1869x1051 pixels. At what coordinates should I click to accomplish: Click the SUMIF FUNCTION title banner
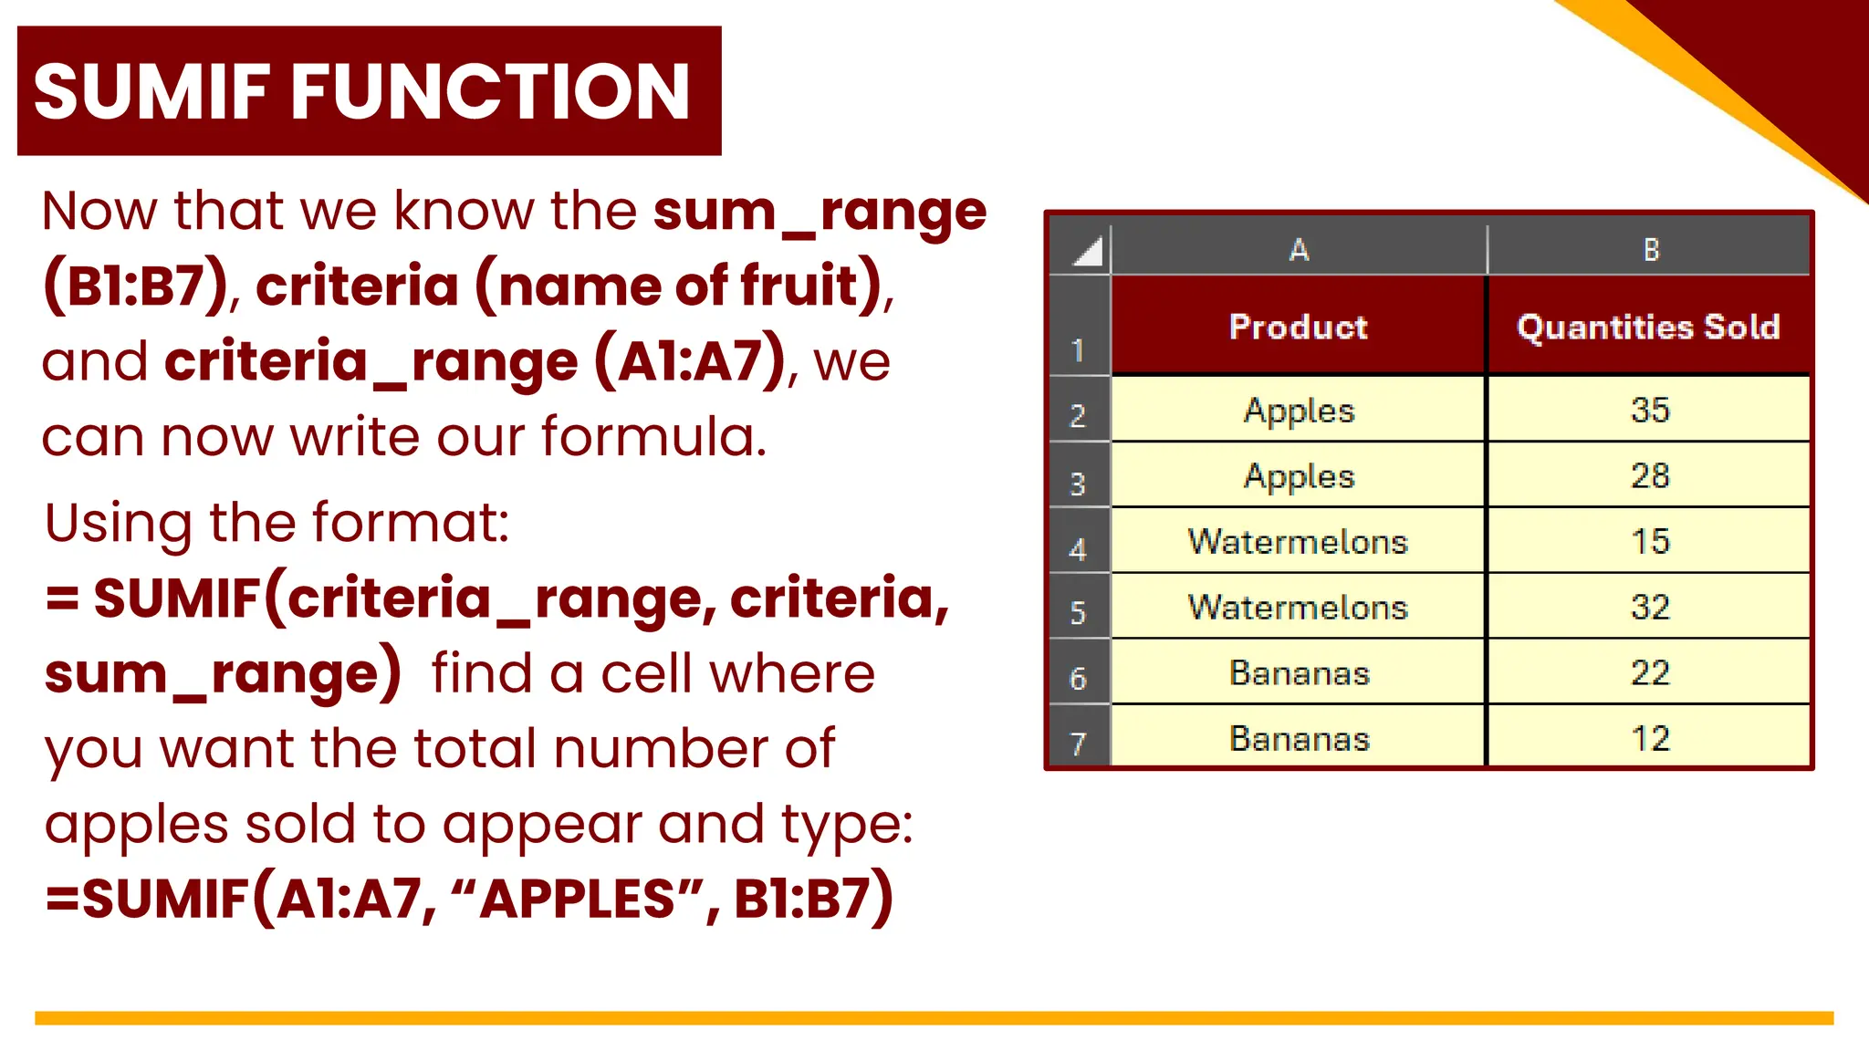[x=369, y=90]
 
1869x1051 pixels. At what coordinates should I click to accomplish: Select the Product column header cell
[x=1298, y=327]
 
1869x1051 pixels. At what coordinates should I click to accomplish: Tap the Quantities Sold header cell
[x=1648, y=327]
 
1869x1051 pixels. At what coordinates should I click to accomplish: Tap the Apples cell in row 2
[x=1299, y=410]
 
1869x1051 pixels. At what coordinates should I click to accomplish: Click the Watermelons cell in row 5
[x=1298, y=607]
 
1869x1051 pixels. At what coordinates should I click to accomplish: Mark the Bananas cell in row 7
[x=1299, y=738]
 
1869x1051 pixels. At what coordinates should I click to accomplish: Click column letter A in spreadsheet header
[x=1299, y=250]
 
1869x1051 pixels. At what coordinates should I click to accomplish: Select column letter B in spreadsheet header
[x=1651, y=250]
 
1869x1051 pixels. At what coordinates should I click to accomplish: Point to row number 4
[x=1078, y=549]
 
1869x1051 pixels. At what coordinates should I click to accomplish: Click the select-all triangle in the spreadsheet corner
[x=1088, y=251]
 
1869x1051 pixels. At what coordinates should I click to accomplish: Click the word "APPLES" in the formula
[x=577, y=899]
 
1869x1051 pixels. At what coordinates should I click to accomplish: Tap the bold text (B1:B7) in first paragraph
[x=135, y=286]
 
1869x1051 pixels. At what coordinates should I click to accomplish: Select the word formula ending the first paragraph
[x=653, y=436]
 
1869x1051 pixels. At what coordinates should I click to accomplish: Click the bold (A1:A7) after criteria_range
[x=690, y=361]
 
